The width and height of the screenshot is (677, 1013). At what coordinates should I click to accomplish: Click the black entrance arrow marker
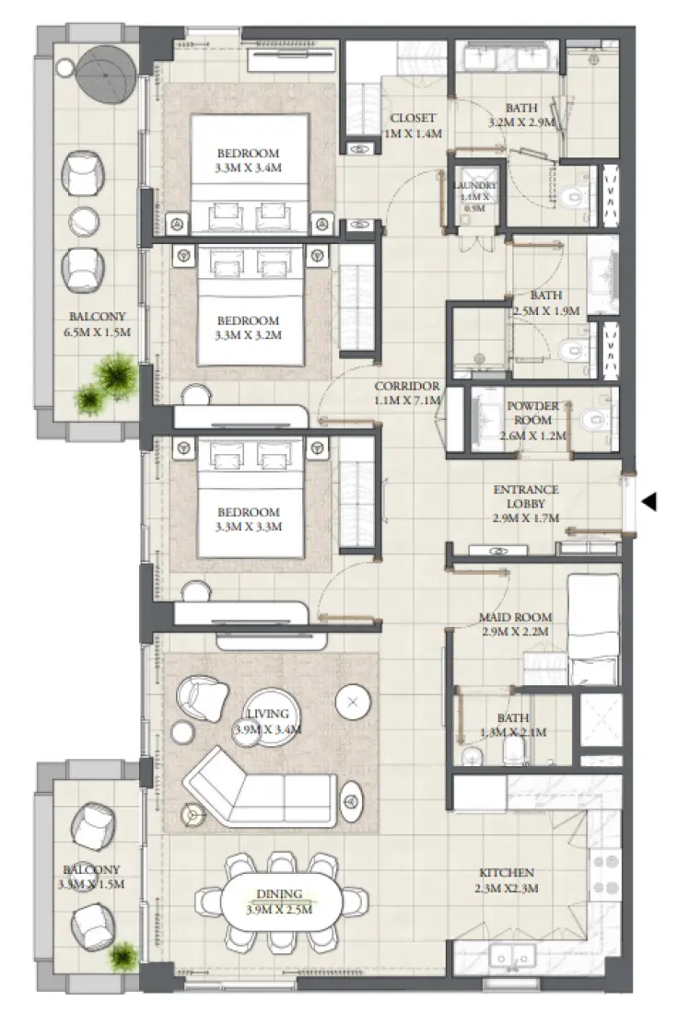pyautogui.click(x=649, y=502)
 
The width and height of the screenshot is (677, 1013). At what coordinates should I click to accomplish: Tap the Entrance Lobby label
pyautogui.click(x=525, y=505)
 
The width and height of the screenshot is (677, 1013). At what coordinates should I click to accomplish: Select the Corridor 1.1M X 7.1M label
pyautogui.click(x=407, y=393)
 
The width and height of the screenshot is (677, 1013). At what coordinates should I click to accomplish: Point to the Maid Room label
pyautogui.click(x=515, y=624)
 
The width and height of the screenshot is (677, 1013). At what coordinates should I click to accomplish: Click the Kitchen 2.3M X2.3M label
pyautogui.click(x=507, y=880)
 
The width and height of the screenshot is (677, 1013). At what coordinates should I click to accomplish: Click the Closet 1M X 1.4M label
pyautogui.click(x=412, y=125)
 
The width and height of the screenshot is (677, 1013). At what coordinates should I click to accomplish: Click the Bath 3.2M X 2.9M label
pyautogui.click(x=521, y=114)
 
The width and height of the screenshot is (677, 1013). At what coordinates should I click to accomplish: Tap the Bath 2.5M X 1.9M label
pyautogui.click(x=546, y=303)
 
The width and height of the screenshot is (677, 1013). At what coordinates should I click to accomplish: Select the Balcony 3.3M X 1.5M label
pyautogui.click(x=90, y=877)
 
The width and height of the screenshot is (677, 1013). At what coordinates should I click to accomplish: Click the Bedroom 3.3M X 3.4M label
pyautogui.click(x=248, y=159)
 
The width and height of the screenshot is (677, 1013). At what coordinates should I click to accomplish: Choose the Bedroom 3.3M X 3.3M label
pyautogui.click(x=248, y=519)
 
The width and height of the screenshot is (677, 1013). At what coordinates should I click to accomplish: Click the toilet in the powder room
pyautogui.click(x=595, y=420)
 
